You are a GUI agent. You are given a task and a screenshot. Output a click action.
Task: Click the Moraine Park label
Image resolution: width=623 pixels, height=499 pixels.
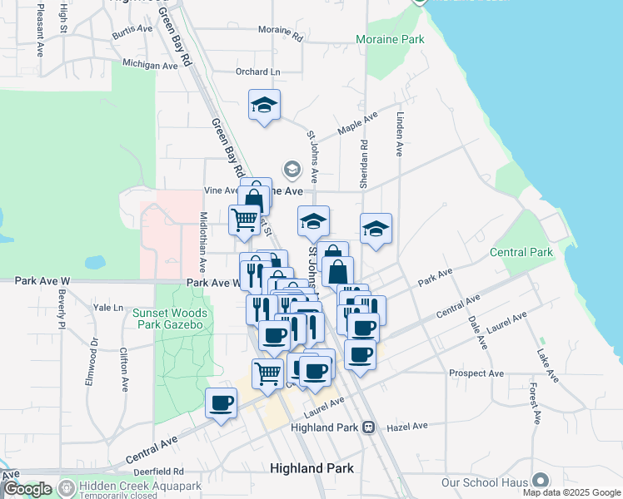[389, 39]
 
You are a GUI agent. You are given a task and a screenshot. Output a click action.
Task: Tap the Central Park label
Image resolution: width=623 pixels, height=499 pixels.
[521, 252]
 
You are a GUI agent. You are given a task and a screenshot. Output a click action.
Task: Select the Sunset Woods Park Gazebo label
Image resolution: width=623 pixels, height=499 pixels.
[167, 318]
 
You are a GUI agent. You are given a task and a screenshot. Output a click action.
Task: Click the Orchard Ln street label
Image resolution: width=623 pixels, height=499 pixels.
[257, 72]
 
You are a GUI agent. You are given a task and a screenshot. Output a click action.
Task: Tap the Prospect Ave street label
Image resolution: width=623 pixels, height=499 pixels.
[473, 373]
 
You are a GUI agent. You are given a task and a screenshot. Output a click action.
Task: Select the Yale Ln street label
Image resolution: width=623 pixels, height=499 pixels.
[107, 307]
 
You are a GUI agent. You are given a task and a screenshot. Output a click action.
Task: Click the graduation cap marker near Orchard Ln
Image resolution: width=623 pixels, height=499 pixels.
[264, 106]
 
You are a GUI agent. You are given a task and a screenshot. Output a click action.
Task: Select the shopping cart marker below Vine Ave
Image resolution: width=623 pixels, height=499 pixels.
[244, 220]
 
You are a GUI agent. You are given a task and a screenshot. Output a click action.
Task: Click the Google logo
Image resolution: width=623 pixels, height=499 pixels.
[27, 489]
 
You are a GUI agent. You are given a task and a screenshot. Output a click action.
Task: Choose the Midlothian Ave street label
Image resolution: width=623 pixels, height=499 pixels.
[202, 241]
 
